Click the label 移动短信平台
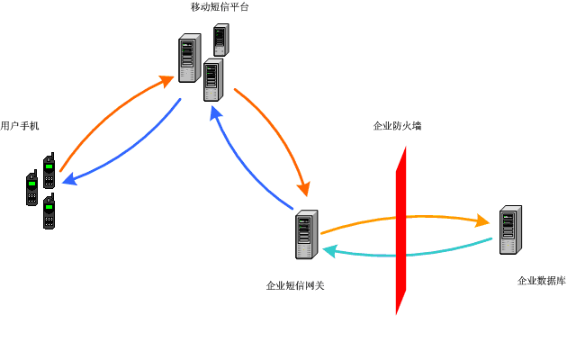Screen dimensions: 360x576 click(220, 7)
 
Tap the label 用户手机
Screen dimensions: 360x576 click(20, 125)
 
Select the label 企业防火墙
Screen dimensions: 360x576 click(397, 126)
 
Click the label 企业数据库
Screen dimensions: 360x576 click(541, 281)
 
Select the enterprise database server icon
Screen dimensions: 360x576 click(510, 229)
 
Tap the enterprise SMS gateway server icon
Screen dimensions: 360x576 click(307, 235)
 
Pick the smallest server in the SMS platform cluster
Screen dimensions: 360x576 click(220, 40)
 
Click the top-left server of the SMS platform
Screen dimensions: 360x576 click(189, 58)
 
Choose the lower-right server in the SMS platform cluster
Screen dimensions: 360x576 click(212, 80)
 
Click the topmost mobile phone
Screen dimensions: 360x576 click(49, 171)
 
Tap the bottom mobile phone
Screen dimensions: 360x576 click(49, 212)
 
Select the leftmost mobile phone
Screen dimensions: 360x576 click(31, 188)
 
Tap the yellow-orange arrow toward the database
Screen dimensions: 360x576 click(405, 217)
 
